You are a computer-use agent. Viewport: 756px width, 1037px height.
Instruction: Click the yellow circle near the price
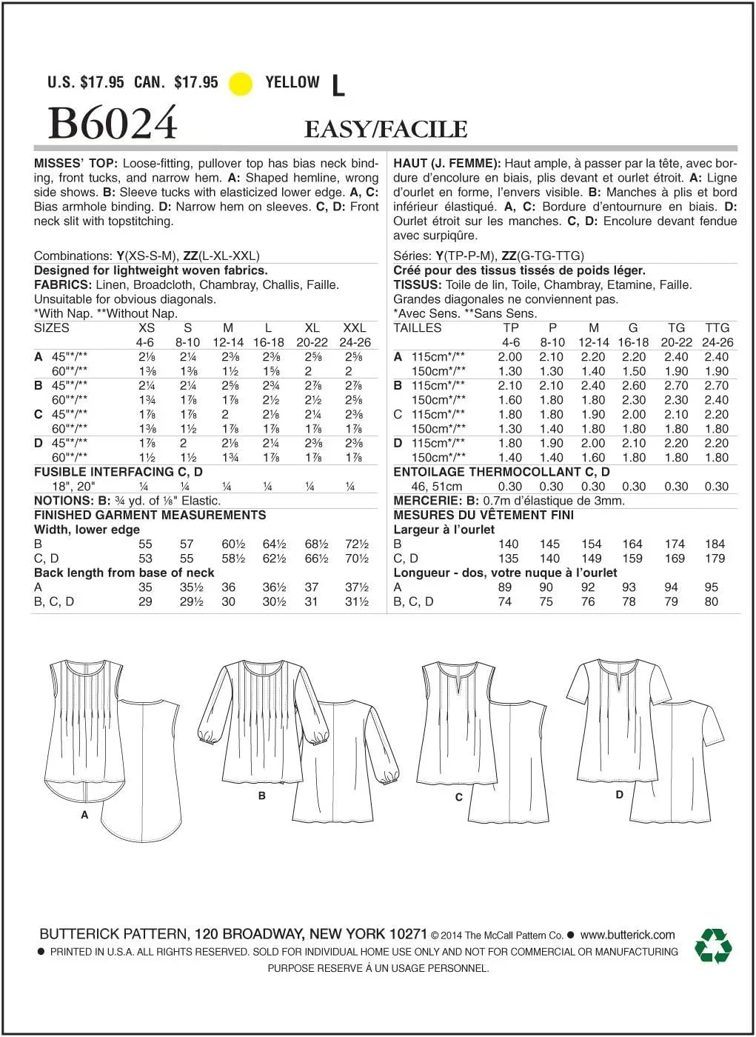point(241,84)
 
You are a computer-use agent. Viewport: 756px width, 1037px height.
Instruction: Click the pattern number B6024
point(113,123)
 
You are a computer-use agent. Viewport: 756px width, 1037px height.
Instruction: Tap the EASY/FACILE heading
point(386,130)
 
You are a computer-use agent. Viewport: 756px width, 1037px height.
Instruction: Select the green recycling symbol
point(712,946)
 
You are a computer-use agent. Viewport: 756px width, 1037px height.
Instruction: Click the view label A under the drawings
point(84,815)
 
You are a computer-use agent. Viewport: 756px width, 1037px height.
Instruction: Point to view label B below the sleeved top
point(262,796)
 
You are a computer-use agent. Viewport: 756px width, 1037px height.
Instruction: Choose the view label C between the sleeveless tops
point(459,797)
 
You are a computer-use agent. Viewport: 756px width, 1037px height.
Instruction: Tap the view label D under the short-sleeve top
point(619,794)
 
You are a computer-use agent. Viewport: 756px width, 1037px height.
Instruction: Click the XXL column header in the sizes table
point(355,327)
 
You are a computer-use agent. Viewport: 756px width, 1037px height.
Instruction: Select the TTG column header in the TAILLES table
point(717,327)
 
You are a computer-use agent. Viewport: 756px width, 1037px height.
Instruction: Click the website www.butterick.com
point(627,935)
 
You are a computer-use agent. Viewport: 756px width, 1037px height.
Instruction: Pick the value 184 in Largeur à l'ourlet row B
point(715,544)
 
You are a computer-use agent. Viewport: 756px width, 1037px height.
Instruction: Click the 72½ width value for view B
point(357,544)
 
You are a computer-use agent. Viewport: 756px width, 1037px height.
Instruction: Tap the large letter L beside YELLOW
point(338,86)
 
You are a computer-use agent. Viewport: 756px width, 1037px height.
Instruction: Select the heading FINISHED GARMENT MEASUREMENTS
point(150,515)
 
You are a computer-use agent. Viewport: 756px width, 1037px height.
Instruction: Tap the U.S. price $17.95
point(101,82)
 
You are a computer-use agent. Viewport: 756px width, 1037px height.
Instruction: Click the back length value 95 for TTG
point(711,587)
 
